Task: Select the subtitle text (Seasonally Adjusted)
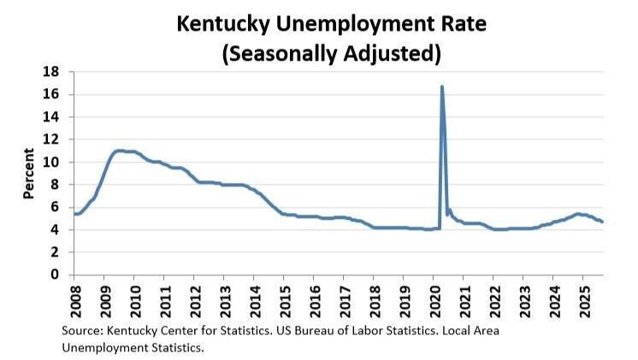pos(331,54)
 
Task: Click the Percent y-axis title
pos(28,174)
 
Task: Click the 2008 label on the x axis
pos(74,298)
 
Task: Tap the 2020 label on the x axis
pos(434,298)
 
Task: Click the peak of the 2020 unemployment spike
pos(441,86)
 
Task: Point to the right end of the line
pos(602,221)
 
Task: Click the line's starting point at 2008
pos(74,214)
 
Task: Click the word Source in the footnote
pos(81,330)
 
